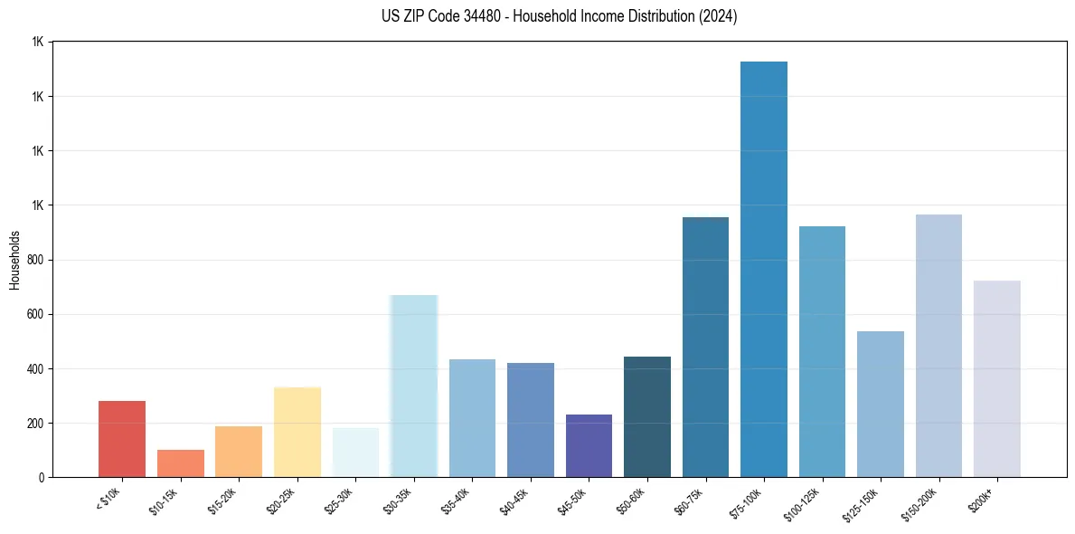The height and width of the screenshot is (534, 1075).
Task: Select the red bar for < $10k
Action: (122, 439)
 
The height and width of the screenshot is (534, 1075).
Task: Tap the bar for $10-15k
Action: (180, 463)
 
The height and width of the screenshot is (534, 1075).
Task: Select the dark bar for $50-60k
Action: (646, 416)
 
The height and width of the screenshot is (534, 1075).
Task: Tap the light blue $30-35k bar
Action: (413, 386)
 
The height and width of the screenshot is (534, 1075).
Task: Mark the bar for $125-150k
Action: (880, 404)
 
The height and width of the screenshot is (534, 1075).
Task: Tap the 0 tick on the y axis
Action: (41, 477)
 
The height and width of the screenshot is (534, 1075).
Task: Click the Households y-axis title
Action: (14, 260)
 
